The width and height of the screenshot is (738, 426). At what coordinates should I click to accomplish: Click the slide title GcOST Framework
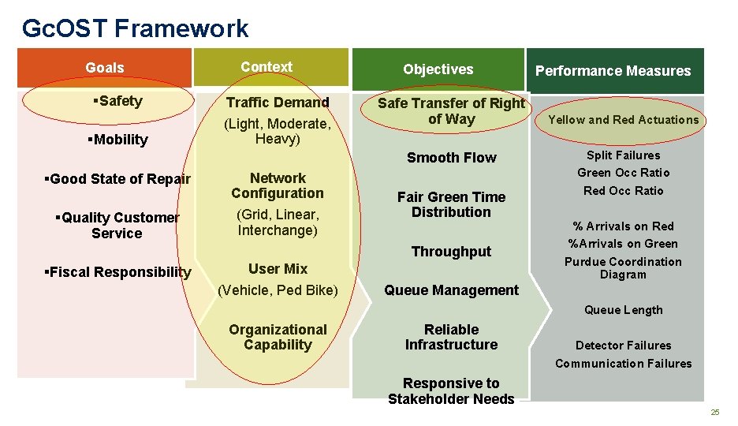pos(135,28)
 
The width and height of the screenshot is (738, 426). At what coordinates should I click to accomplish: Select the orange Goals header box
pos(104,68)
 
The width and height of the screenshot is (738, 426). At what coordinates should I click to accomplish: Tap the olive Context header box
pos(266,67)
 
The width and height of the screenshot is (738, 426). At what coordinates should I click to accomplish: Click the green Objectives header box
pos(438,69)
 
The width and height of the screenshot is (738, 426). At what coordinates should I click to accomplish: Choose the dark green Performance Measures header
pos(613,71)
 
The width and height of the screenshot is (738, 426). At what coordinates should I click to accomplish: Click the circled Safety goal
pos(117,101)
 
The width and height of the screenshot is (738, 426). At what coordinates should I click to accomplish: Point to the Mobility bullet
pos(120,140)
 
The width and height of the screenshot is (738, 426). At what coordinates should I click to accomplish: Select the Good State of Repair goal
pos(117,179)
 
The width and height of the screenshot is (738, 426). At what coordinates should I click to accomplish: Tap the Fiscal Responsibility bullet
pos(117,272)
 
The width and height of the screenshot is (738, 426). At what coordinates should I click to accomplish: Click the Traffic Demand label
pos(278,103)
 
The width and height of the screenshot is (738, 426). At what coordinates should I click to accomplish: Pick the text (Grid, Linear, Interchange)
pos(278,222)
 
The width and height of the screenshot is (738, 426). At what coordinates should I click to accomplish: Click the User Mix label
pos(278,269)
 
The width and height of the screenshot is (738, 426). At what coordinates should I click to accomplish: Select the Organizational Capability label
pos(278,337)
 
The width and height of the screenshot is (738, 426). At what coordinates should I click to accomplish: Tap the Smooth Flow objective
pos(451,158)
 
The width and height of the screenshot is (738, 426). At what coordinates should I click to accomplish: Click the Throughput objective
pos(451,252)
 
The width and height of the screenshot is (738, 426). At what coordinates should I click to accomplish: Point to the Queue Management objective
pos(451,290)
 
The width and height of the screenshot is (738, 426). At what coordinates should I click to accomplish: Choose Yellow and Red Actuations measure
pos(623,120)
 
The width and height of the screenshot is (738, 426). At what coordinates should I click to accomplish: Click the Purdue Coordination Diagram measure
pos(623,268)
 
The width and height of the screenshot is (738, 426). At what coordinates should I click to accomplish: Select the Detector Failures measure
pos(623,346)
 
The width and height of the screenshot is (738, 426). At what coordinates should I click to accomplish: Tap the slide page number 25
pos(715,413)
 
